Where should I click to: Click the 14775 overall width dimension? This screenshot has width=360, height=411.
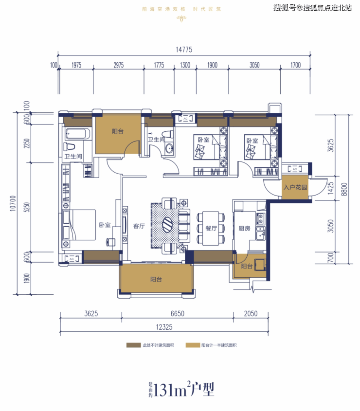[184, 49]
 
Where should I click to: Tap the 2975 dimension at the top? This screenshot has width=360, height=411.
[119, 65]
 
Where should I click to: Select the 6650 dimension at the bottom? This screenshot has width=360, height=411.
[178, 314]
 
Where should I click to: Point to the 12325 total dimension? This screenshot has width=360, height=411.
[164, 327]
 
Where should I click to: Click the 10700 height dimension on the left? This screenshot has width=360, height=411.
[13, 203]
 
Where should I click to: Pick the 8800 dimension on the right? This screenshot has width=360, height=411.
[344, 189]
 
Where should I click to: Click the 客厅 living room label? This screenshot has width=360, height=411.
[139, 226]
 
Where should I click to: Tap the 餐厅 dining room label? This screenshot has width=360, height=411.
[211, 228]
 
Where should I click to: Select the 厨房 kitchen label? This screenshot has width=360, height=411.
[244, 229]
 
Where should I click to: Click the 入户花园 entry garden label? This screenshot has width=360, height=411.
[295, 187]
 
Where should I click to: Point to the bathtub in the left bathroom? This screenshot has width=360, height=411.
[78, 134]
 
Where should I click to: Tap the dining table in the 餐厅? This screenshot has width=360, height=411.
[211, 228]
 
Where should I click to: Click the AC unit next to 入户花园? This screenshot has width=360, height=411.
[295, 169]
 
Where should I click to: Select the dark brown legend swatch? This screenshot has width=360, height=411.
[133, 345]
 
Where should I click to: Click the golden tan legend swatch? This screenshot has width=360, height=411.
[193, 345]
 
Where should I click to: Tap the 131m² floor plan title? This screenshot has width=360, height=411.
[181, 390]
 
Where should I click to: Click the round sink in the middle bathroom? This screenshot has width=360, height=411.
[169, 149]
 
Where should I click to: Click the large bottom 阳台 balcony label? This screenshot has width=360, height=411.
[156, 279]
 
